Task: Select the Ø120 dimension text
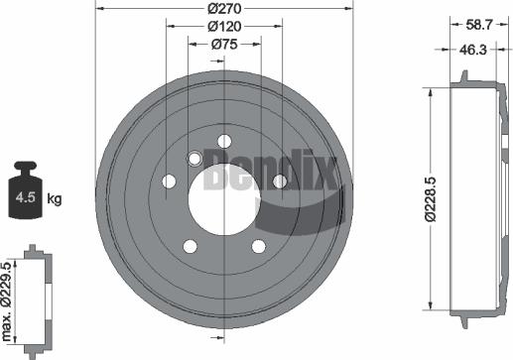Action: (x=224, y=25)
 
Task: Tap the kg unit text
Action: (x=55, y=199)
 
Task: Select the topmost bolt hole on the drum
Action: (x=223, y=140)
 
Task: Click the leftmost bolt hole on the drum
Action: (x=168, y=181)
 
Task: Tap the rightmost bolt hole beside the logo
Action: (x=280, y=180)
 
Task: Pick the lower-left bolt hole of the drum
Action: (x=190, y=246)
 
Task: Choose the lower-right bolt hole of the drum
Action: (x=258, y=246)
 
